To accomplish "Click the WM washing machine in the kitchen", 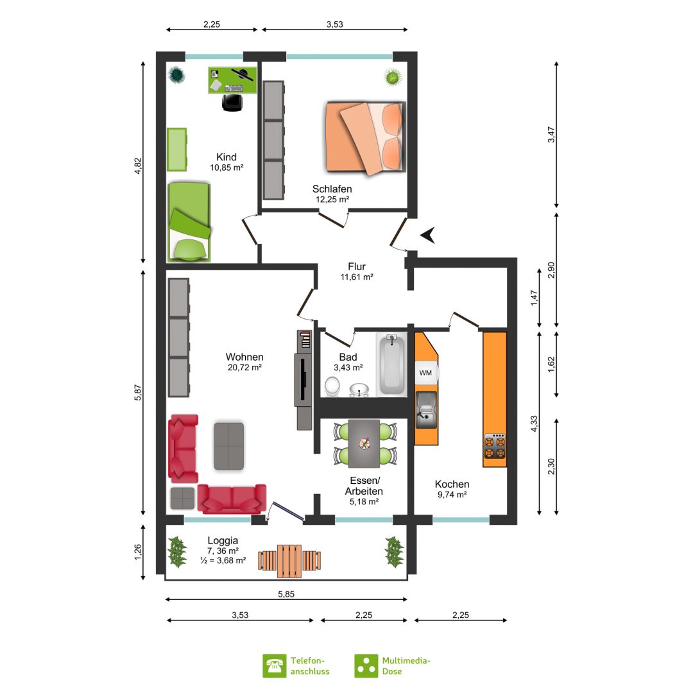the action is point(426,373).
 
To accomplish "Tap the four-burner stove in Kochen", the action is point(495,447).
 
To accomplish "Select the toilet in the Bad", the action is point(332,387).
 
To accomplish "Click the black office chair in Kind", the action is point(232,102).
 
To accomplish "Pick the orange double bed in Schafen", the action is point(365,138).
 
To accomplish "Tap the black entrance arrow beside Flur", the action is point(428,235).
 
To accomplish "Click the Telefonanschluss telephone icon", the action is point(274,665).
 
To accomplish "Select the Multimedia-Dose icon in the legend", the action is point(366,665).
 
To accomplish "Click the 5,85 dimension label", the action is point(286,594).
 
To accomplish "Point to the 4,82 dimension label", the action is point(138,166).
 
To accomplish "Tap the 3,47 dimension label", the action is point(551,134).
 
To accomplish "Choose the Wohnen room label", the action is point(244,357).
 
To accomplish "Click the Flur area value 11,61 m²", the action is point(357,277).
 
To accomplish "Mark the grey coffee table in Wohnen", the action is point(229,446).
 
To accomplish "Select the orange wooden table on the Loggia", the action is point(289,561).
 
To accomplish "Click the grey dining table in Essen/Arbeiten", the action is point(364,443).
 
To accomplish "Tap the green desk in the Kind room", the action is point(232,80).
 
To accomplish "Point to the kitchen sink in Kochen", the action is point(426,409).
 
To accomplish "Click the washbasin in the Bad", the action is point(359,390).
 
